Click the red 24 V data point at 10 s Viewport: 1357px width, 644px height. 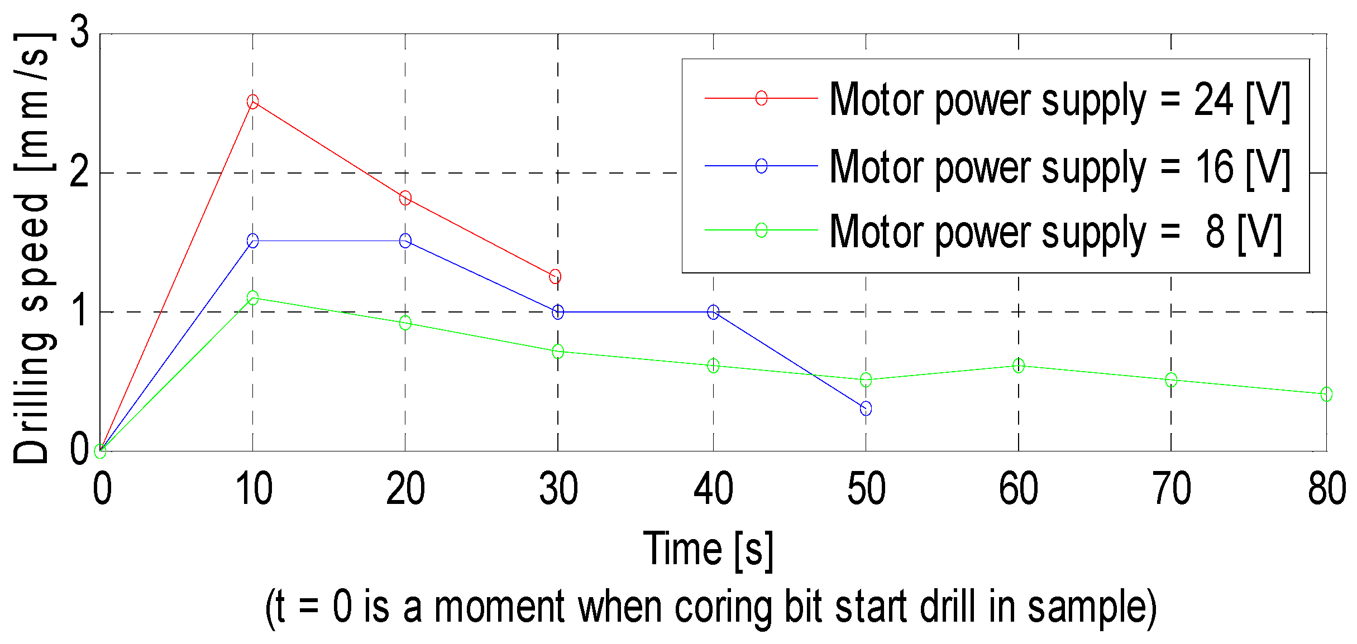point(252,102)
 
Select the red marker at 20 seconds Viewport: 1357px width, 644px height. point(405,198)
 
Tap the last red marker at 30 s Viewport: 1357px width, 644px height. point(555,276)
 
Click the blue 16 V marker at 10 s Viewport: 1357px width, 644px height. point(252,241)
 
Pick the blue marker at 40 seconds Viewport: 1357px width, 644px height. point(713,312)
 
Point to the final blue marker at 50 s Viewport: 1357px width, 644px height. point(866,409)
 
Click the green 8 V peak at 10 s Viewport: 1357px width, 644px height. point(252,297)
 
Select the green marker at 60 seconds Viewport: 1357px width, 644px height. point(1019,366)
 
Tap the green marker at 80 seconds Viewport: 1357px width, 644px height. point(1327,395)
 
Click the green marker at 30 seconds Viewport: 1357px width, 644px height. point(558,352)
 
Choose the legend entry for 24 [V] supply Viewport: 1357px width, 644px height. point(1059,99)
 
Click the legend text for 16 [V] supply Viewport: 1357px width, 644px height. point(1059,167)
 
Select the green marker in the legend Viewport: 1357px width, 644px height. point(761,230)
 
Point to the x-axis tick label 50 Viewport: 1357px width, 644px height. point(866,489)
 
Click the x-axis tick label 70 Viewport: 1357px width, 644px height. point(1172,489)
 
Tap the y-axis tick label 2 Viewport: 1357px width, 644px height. point(80,173)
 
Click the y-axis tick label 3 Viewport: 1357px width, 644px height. point(80,32)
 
